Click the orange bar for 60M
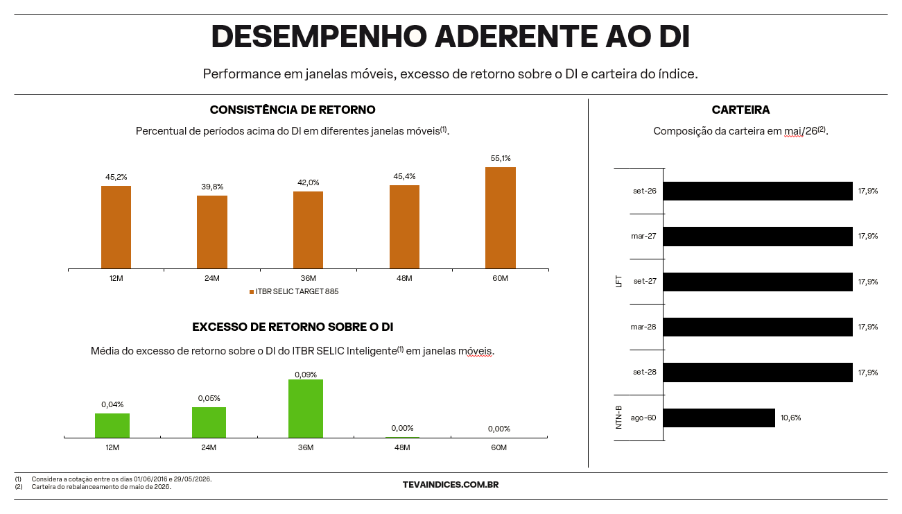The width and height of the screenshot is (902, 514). (500, 218)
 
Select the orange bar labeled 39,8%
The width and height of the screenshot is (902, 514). (212, 232)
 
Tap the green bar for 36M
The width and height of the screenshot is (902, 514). (306, 409)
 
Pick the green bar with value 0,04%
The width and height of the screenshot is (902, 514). (112, 425)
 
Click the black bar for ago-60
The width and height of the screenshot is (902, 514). (719, 418)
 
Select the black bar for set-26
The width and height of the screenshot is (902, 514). (758, 191)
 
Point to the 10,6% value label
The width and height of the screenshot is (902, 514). (791, 418)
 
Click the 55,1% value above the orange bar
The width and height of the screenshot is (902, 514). (501, 158)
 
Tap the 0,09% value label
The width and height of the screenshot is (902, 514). (306, 375)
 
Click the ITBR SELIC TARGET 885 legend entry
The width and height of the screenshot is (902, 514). (294, 291)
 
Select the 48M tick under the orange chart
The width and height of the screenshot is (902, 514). (404, 278)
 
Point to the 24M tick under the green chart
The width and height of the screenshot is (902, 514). (209, 447)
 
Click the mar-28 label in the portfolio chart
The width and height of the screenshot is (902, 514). (643, 327)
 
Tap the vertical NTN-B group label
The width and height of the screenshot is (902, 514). (619, 418)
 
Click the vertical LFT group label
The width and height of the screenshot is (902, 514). (619, 281)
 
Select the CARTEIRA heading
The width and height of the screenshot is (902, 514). (740, 110)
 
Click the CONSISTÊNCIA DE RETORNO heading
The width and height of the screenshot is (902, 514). (293, 110)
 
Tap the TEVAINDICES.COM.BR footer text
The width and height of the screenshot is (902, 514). (451, 485)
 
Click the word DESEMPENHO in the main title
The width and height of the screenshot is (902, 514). (319, 37)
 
